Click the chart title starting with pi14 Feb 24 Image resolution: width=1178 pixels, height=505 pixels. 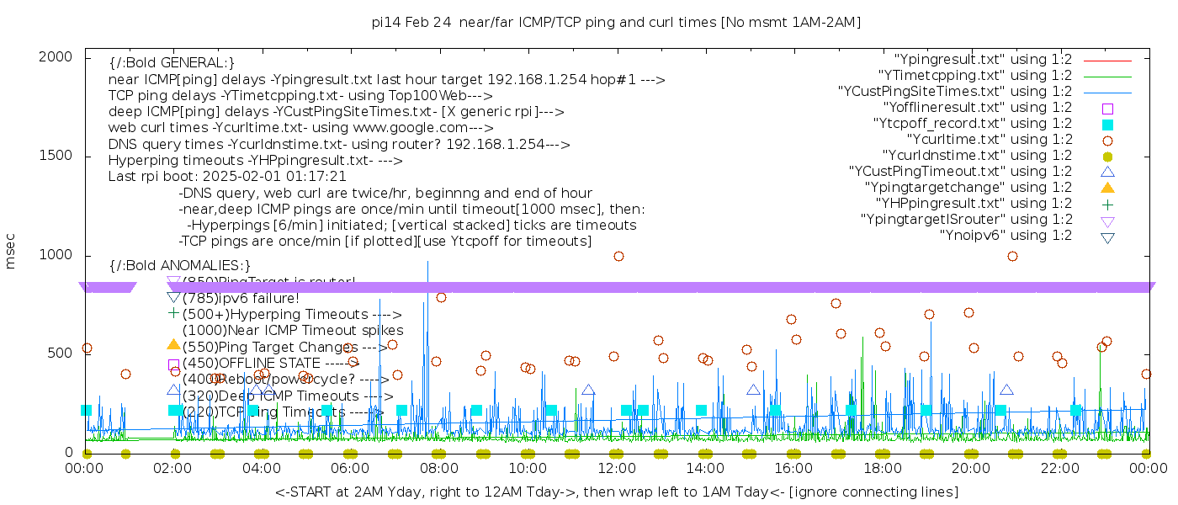[x=616, y=23]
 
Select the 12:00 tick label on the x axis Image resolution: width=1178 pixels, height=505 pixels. [x=617, y=468]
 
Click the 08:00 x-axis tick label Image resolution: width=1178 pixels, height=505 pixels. [x=439, y=468]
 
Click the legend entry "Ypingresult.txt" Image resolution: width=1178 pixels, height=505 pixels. [x=983, y=60]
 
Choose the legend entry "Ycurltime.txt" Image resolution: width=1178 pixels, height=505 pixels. [x=989, y=140]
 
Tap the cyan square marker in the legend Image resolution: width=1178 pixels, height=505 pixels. [x=1107, y=125]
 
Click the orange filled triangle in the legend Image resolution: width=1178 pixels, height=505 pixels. [x=1107, y=188]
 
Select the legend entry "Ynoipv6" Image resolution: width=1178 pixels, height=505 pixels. [x=1006, y=236]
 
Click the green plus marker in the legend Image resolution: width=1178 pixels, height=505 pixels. [x=1107, y=204]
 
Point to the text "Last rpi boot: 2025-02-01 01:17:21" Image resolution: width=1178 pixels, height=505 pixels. [x=227, y=177]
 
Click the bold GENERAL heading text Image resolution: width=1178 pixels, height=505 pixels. [x=172, y=64]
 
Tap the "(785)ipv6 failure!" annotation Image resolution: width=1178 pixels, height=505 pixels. [x=241, y=298]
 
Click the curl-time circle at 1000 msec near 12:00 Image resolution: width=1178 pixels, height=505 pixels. [x=618, y=257]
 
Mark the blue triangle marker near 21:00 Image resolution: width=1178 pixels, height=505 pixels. [x=1006, y=390]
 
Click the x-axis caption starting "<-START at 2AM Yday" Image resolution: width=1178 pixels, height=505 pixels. [x=616, y=492]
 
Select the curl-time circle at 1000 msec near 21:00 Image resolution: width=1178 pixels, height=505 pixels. [x=1012, y=257]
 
